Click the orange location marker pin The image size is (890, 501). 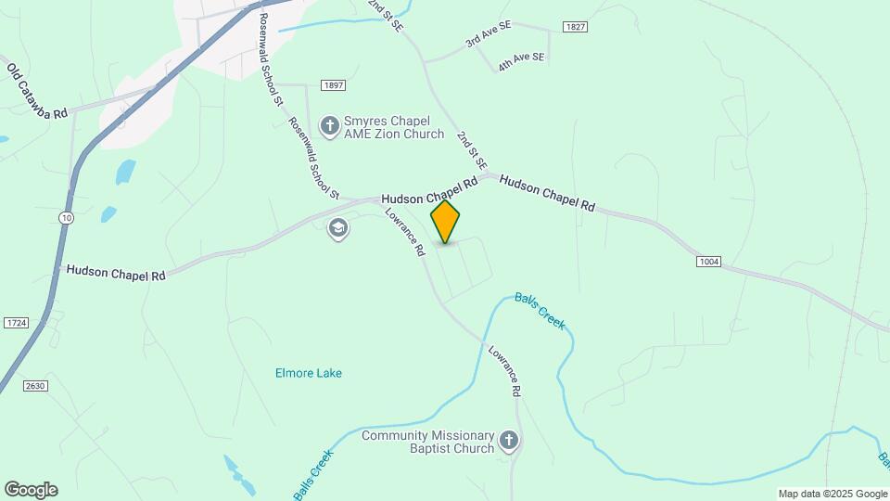pos(445,222)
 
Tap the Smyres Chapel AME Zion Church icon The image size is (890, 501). pos(329,125)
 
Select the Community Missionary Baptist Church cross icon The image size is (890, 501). pos(508,441)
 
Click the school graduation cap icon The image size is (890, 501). pos(338,228)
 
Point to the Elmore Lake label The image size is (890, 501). pos(309,373)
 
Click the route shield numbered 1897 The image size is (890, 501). pos(334,85)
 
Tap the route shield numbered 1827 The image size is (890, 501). pos(574,27)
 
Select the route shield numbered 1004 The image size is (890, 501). pos(708,263)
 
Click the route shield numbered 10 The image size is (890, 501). pos(65,217)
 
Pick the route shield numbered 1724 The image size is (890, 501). pos(16,322)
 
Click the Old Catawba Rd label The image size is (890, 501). pos(37,90)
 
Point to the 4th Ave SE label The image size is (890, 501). pos(521,58)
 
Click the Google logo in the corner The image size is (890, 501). pos(31,490)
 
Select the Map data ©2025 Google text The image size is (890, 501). pos(833,494)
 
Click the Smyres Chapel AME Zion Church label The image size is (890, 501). pos(394,127)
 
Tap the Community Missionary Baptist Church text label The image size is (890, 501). pos(428,442)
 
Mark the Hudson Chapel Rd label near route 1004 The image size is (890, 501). pos(547,193)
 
